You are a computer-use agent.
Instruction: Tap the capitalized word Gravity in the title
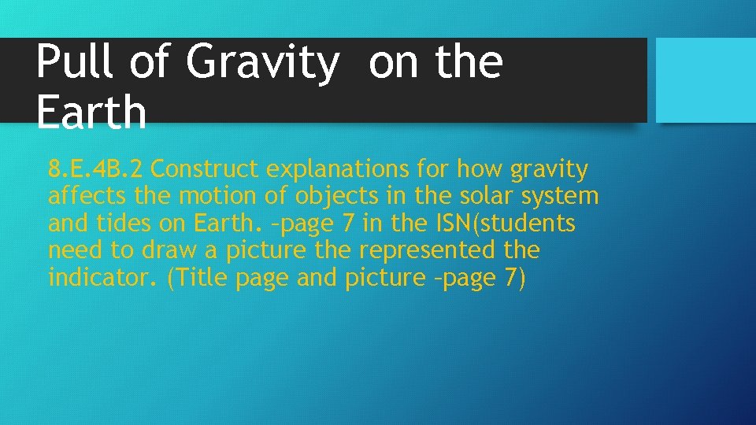pyautogui.click(x=263, y=63)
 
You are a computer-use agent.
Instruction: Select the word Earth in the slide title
pyautogui.click(x=91, y=112)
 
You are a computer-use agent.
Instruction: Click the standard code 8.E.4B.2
pyautogui.click(x=96, y=169)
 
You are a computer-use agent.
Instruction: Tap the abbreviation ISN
pyautogui.click(x=451, y=224)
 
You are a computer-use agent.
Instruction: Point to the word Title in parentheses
pyautogui.click(x=202, y=277)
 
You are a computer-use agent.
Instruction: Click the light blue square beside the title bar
pyautogui.click(x=706, y=79)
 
